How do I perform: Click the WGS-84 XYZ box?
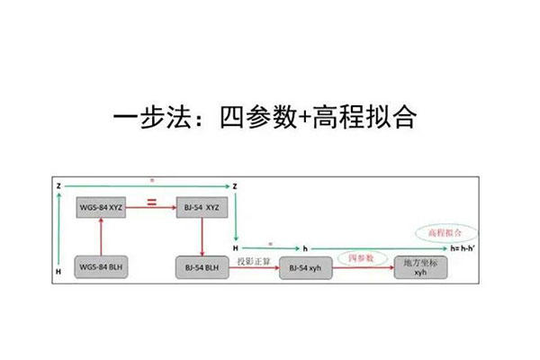coord(101,208)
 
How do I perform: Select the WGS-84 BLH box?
coord(101,267)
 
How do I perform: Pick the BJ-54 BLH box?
coord(203,267)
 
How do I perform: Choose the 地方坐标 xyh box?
coord(419,268)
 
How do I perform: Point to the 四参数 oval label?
coord(363,257)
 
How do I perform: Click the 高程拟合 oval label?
coord(441,231)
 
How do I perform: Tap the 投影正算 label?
coord(253,261)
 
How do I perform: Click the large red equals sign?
coord(151,205)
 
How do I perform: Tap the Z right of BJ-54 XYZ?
coord(235,186)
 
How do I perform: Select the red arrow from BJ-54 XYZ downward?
coord(200,237)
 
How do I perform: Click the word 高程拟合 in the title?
coord(364,118)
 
